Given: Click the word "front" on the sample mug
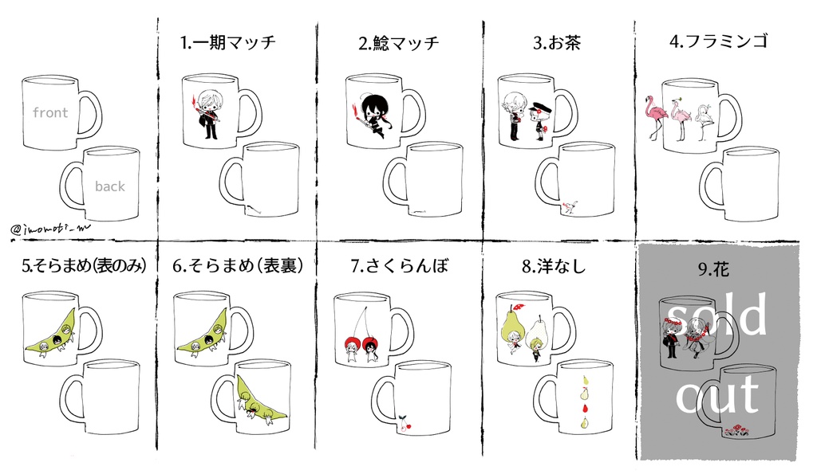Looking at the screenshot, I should click(x=50, y=113).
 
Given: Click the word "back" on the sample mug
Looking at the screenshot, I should click(x=110, y=186).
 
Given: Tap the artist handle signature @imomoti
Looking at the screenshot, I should click(x=51, y=229).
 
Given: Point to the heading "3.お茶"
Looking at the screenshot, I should click(x=557, y=44).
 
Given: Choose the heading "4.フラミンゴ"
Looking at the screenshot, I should click(x=719, y=42).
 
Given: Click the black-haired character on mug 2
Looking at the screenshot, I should click(x=372, y=116).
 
